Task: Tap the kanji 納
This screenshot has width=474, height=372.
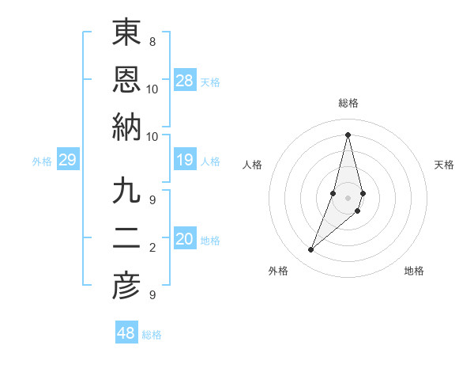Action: click(126, 126)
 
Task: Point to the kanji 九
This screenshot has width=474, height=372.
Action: click(126, 191)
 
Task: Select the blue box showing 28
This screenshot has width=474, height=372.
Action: click(185, 81)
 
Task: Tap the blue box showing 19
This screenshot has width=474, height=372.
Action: click(185, 161)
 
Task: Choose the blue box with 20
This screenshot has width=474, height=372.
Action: click(185, 240)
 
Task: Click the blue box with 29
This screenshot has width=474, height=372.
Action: click(67, 161)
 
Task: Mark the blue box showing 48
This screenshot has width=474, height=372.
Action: click(126, 333)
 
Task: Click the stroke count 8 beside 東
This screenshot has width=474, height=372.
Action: click(152, 41)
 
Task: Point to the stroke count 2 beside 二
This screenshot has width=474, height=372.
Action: click(152, 248)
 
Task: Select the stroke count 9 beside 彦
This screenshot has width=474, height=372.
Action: click(152, 295)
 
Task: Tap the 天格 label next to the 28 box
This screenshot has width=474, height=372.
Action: click(210, 82)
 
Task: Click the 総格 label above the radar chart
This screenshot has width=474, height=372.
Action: click(348, 103)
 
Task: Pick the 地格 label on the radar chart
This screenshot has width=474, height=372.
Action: click(414, 271)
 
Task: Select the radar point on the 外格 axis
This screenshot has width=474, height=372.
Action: click(311, 250)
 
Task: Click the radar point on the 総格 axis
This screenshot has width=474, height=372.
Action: click(348, 134)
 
